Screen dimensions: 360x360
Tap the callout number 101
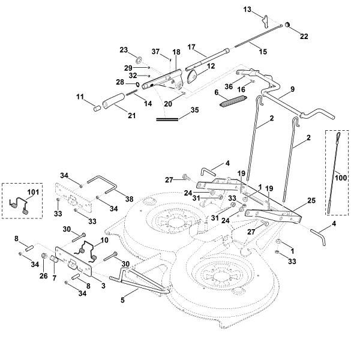[32, 193]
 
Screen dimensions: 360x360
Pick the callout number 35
[193, 110]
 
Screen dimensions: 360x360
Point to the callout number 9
[292, 89]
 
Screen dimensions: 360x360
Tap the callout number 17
[192, 46]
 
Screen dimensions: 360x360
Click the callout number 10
[105, 240]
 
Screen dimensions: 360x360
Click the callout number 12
[211, 65]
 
